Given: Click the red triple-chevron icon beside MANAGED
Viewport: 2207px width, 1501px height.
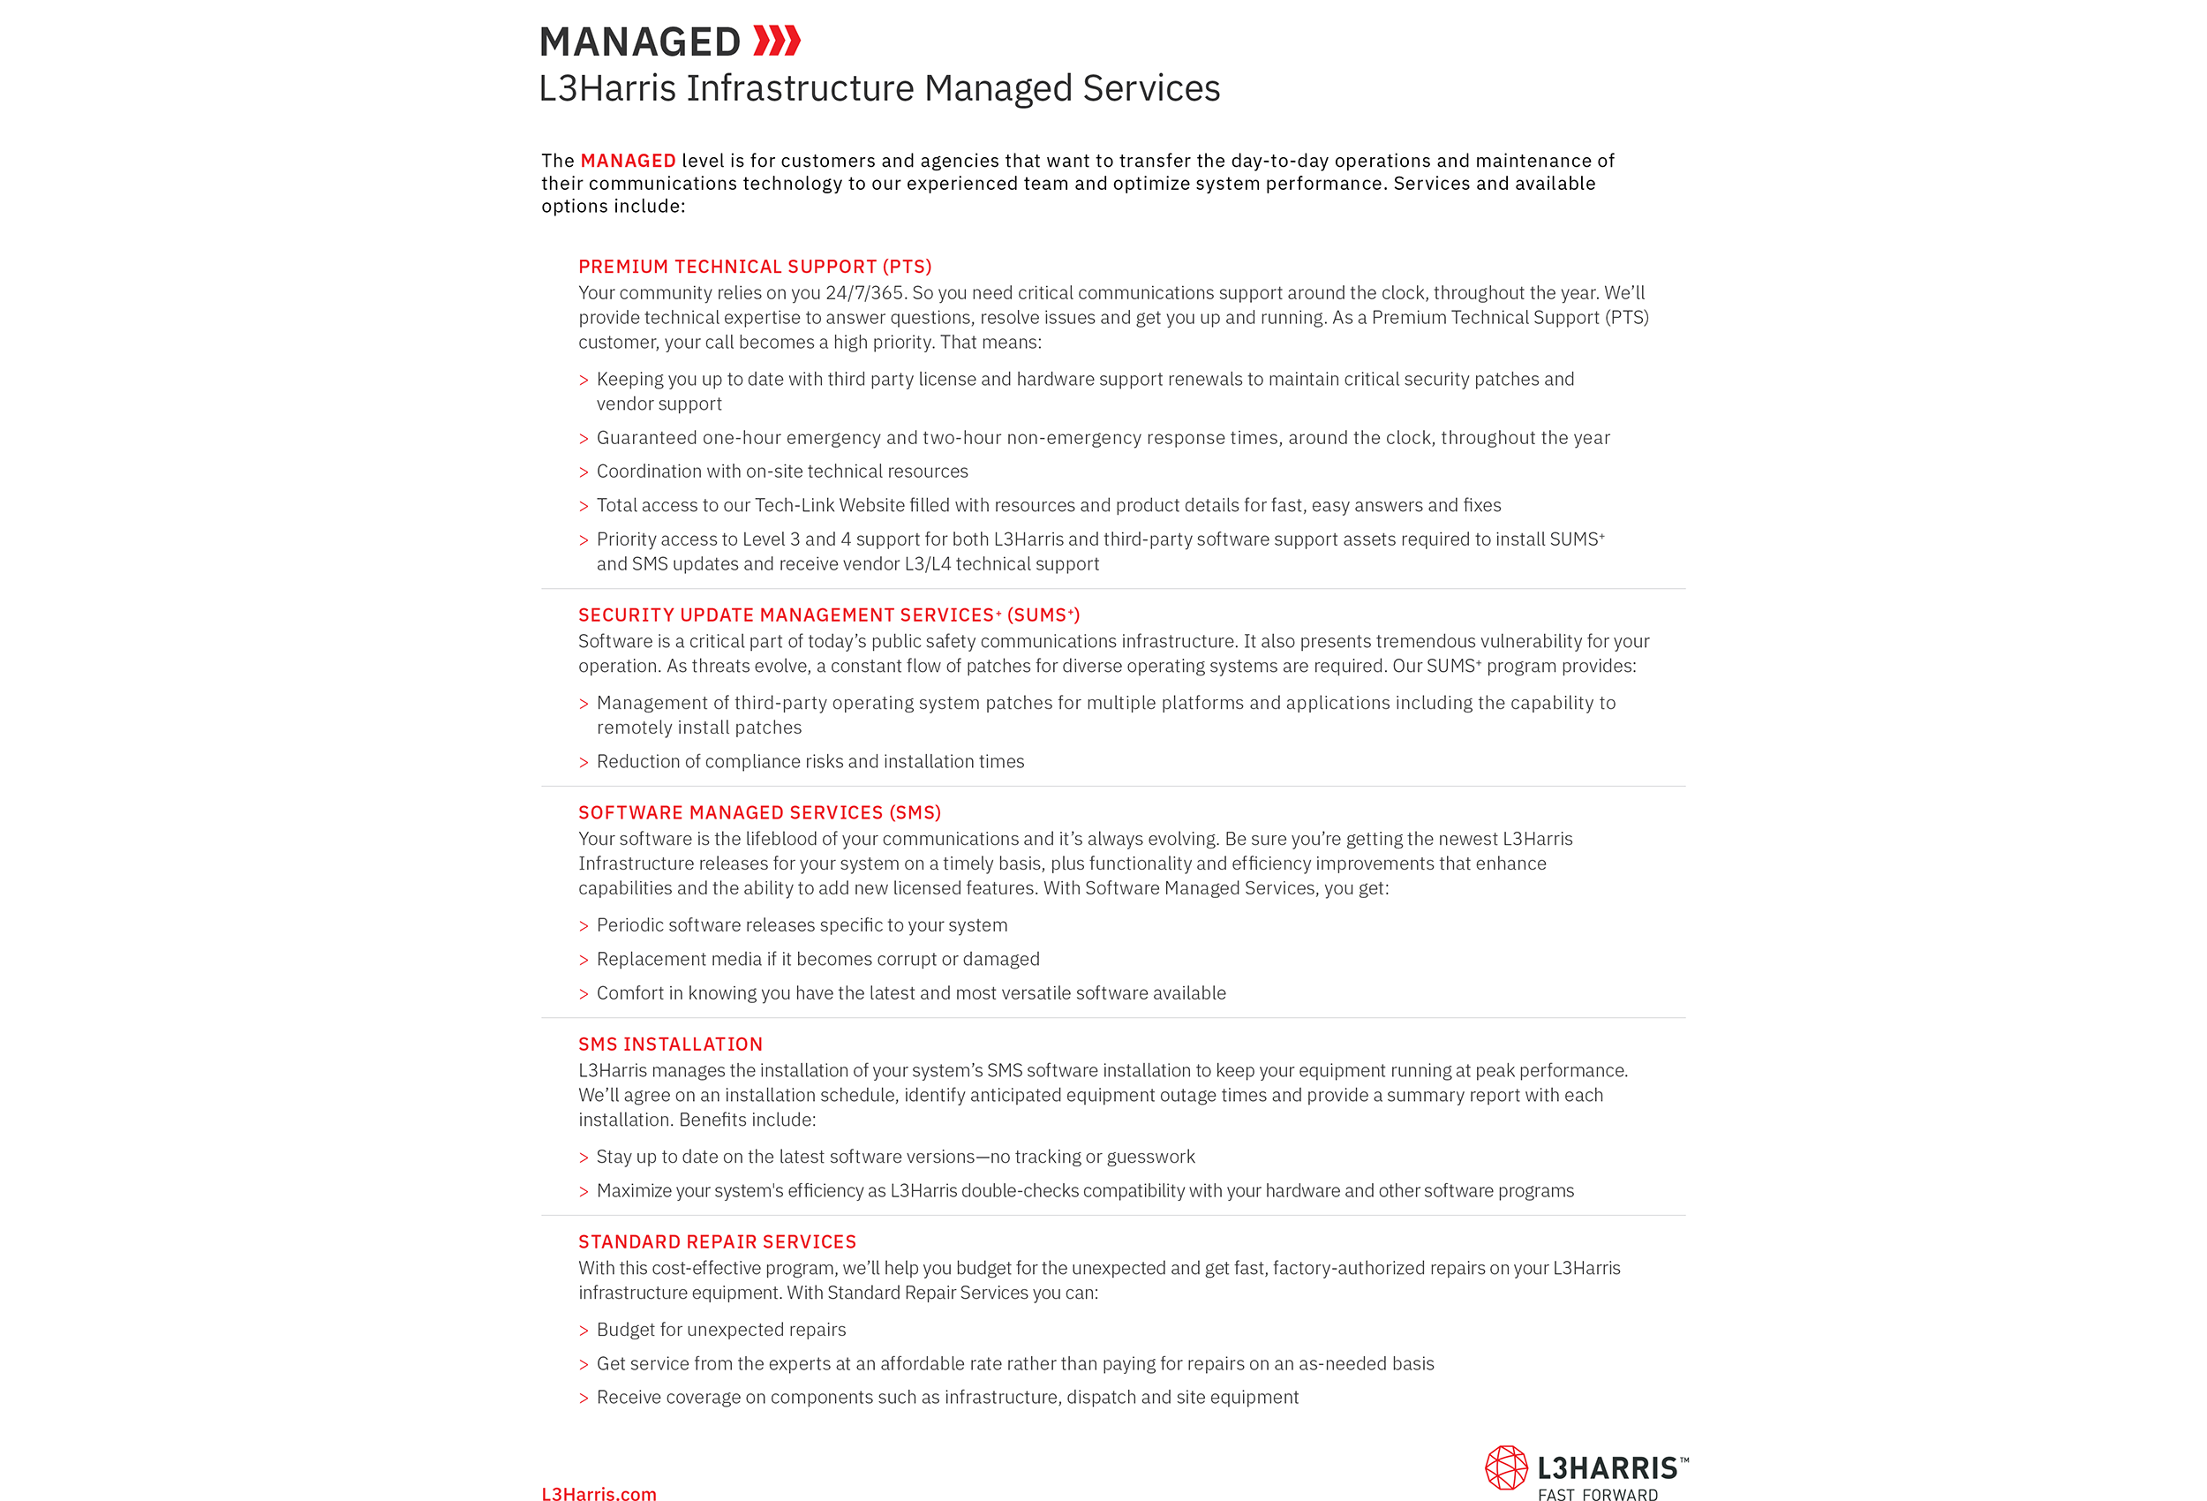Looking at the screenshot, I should (x=776, y=41).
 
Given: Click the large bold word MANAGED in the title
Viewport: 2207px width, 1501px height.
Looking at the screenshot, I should (x=640, y=42).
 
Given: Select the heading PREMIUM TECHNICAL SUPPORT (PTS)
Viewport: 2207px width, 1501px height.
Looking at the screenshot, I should (x=755, y=267).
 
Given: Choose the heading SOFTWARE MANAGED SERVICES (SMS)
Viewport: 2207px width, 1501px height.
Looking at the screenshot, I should (x=760, y=813).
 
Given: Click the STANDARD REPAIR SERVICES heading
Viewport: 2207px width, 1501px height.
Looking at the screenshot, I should (x=717, y=1242).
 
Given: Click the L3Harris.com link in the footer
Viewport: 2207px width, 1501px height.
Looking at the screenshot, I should (x=599, y=1494).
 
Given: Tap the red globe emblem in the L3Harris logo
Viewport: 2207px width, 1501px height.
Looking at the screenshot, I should (x=1506, y=1468).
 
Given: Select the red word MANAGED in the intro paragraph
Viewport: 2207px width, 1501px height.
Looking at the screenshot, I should (x=628, y=162).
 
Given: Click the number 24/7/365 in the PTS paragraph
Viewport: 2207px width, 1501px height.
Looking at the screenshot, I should (x=864, y=293).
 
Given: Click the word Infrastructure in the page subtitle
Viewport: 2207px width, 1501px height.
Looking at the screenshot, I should (x=800, y=88).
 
